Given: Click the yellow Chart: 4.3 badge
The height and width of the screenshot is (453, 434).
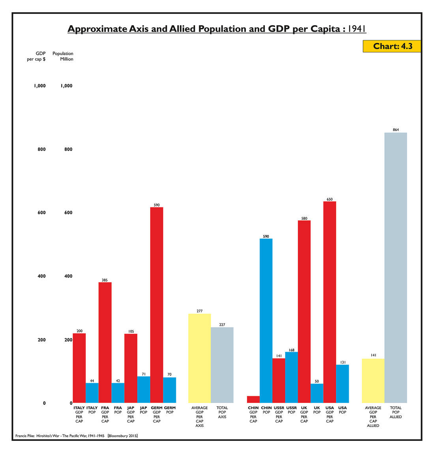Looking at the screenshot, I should (392, 46).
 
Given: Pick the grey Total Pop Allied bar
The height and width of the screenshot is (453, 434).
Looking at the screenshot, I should (396, 268).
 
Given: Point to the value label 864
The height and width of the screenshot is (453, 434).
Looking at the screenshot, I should (396, 130).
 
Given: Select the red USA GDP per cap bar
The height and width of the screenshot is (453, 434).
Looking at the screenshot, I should (330, 302).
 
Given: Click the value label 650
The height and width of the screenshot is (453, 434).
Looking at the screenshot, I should (330, 199).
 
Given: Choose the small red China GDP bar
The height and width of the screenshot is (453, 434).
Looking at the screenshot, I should (253, 399).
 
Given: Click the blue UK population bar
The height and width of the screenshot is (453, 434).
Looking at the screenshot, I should (317, 393).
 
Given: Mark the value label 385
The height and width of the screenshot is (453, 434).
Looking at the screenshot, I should (105, 280).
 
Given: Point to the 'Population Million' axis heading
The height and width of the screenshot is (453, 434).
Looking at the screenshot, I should (63, 56).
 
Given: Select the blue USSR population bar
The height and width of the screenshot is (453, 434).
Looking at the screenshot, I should (292, 377).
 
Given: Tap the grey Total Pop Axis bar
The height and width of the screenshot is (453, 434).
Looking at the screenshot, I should (222, 365).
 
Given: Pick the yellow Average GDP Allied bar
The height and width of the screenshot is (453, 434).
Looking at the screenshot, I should (373, 380).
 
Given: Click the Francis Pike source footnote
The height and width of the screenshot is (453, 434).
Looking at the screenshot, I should (77, 436).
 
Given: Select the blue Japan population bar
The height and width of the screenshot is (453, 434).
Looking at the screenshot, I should (144, 390).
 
